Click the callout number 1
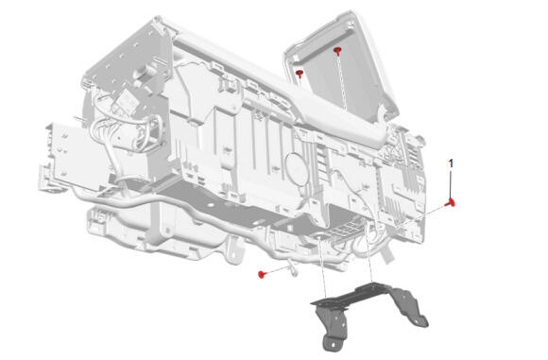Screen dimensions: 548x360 tap(451, 163)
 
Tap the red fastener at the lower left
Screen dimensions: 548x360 tap(262, 275)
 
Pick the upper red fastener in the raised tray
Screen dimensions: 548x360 tap(337, 51)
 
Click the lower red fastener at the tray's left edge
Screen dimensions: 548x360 tap(300, 74)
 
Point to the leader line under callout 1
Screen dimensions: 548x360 tap(451, 183)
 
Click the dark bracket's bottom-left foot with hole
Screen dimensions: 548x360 tap(332, 343)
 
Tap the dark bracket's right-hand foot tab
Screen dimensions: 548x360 tap(420, 320)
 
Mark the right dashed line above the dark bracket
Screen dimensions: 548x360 tap(368, 255)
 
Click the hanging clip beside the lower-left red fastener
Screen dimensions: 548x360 tap(293, 269)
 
